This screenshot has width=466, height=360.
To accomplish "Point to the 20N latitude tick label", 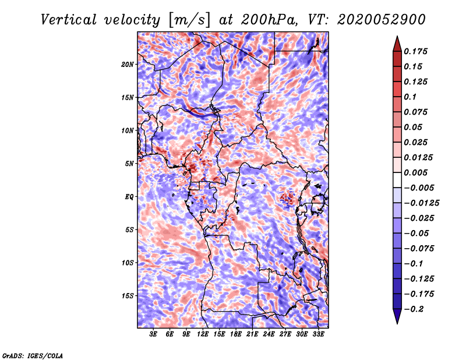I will [x=128, y=64].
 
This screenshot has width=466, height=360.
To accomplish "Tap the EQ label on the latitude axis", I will [x=129, y=197].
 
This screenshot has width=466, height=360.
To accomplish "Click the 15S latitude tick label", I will [x=128, y=296].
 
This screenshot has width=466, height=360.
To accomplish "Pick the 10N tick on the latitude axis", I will [x=128, y=130].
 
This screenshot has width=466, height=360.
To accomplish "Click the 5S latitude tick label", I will [x=129, y=230].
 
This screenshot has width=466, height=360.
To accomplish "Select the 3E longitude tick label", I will [x=154, y=334].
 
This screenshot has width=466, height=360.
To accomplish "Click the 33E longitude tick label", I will [x=319, y=334].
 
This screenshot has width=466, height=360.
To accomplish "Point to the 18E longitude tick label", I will [x=236, y=334].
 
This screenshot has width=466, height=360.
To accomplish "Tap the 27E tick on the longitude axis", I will [x=285, y=334].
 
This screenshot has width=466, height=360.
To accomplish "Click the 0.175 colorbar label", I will [x=416, y=51].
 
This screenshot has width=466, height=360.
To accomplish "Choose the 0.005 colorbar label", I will [x=416, y=172].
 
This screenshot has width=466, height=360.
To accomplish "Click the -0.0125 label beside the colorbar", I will [x=422, y=203].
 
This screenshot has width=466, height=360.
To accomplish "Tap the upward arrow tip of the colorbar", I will [x=396, y=38].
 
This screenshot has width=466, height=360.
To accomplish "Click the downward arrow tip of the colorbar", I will [x=396, y=322].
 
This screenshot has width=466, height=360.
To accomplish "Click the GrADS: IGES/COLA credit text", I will [x=32, y=355].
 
